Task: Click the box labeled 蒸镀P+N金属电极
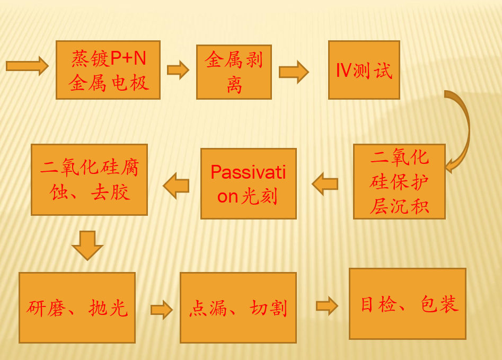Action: coord(108,70)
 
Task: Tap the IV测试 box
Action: coord(364,70)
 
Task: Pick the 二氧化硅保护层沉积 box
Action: coord(399,181)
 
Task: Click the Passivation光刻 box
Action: coord(248,183)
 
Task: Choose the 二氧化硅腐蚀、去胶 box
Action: coord(89,180)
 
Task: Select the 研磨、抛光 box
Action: coord(77,308)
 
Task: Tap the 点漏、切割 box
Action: coord(238,308)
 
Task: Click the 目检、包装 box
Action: coord(407,304)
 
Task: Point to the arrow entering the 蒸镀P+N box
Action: coord(27,66)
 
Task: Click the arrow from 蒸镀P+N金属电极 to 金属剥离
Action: coord(178,70)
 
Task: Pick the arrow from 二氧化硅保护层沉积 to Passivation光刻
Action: coord(325,184)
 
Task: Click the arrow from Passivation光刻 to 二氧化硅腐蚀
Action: coord(176,186)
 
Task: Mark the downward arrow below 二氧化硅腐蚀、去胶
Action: coord(87,245)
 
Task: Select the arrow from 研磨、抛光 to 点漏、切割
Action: coord(162,310)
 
